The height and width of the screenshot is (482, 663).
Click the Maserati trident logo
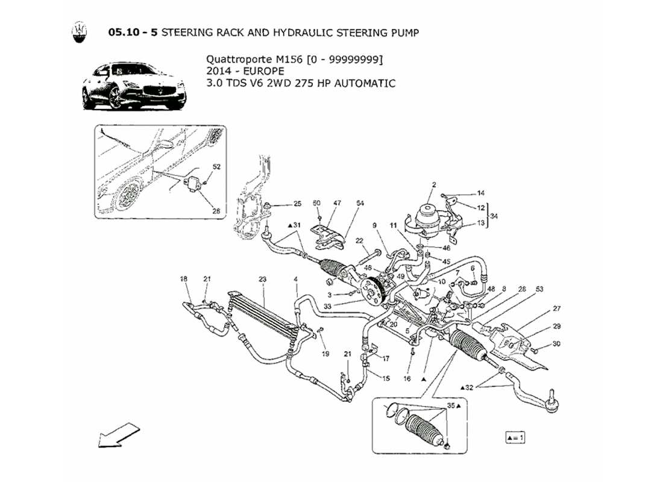(79, 33)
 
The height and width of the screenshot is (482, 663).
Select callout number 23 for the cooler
(262, 279)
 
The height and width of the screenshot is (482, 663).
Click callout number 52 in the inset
(216, 166)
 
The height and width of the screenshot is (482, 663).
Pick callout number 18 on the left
(184, 279)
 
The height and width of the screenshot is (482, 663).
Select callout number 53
(539, 290)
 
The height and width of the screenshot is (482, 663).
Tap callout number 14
(480, 193)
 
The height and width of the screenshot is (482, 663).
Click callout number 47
(337, 204)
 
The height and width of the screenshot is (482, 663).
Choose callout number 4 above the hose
(296, 279)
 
